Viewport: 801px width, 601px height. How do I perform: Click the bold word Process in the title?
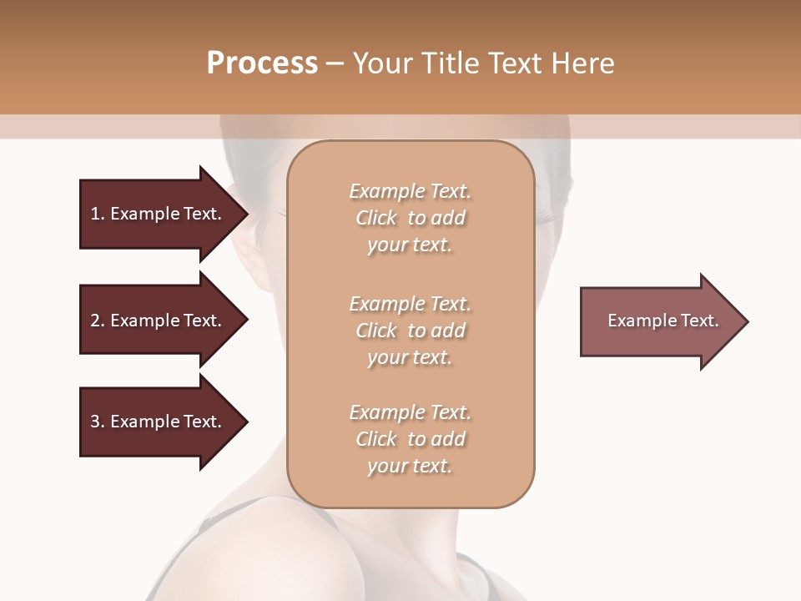click(x=262, y=63)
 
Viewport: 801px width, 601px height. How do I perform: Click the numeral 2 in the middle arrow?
click(x=95, y=321)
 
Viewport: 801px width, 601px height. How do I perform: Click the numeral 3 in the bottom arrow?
click(x=95, y=422)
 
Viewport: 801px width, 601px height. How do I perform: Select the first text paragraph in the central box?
click(x=410, y=218)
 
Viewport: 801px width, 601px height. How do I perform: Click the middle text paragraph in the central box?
click(x=410, y=331)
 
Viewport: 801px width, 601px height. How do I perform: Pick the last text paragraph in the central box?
click(x=410, y=439)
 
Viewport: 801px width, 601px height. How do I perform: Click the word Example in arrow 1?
click(x=144, y=214)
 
